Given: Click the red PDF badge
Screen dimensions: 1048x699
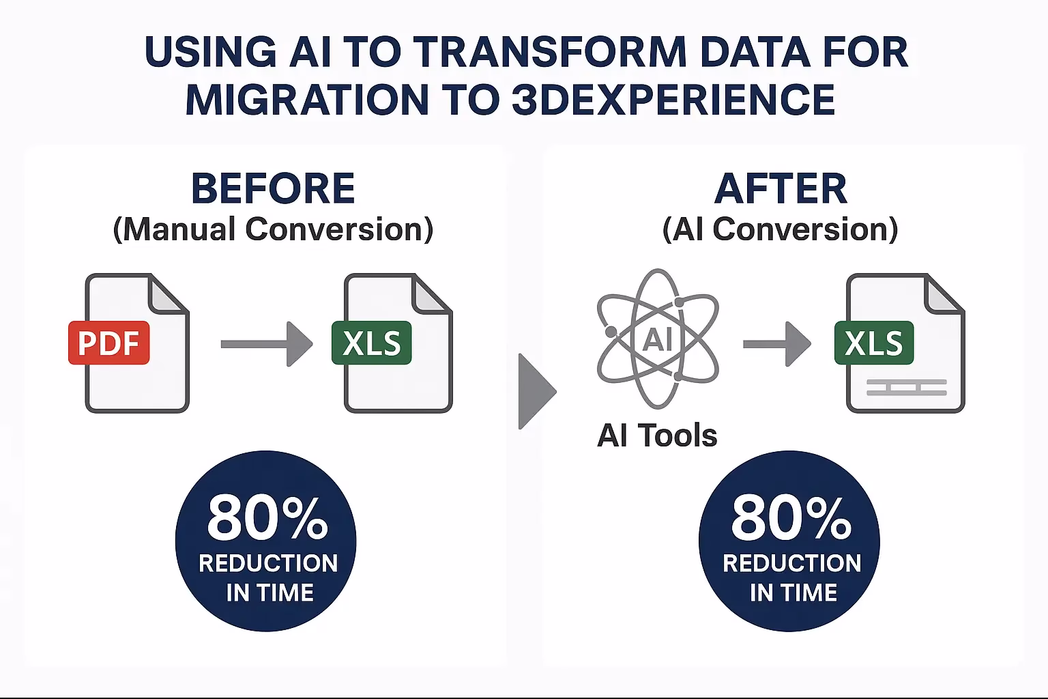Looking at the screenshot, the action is click(109, 343).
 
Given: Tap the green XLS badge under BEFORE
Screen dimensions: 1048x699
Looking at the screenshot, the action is click(371, 343).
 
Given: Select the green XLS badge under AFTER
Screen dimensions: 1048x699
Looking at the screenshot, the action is click(874, 343).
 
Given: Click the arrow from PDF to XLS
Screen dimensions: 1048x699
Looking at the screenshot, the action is click(267, 344).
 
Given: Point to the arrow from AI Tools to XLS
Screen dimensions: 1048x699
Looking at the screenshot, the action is click(777, 344).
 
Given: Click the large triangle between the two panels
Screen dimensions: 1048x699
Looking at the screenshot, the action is click(538, 391).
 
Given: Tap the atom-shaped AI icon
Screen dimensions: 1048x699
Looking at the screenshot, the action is click(658, 339).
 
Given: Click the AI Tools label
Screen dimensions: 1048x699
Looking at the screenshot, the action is click(657, 436).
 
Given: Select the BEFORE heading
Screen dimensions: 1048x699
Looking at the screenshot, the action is click(273, 188).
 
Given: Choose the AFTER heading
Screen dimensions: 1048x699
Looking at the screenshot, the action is click(781, 188).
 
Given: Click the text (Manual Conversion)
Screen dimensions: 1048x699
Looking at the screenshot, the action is click(273, 229).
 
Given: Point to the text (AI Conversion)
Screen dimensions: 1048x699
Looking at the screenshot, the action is click(781, 229).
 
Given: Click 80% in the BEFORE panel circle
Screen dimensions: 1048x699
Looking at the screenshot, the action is click(267, 518).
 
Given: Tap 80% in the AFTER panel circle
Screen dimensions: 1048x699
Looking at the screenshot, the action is click(791, 518).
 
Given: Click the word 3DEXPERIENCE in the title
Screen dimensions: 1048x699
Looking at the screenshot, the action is click(673, 100).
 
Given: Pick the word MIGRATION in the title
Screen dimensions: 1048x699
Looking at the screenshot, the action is click(307, 100).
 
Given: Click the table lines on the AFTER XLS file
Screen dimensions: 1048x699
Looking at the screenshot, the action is click(907, 387).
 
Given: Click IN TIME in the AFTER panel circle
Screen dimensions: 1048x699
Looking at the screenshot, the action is click(794, 593).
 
